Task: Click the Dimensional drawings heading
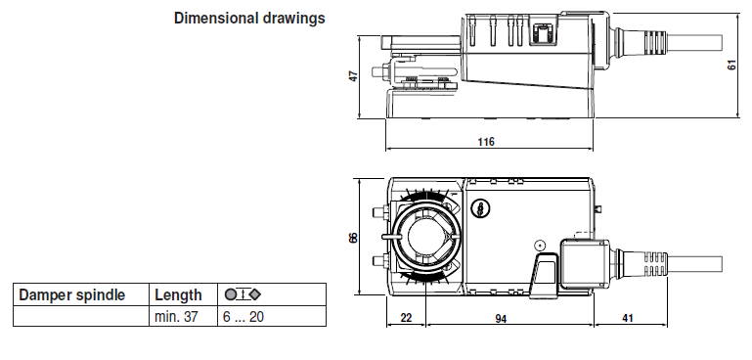click(x=249, y=19)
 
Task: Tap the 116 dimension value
click(x=486, y=142)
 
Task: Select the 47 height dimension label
click(x=353, y=76)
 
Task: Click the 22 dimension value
click(x=406, y=318)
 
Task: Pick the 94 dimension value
click(x=501, y=318)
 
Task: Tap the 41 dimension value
click(x=627, y=318)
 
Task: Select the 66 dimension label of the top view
click(x=353, y=238)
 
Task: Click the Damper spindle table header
click(x=72, y=294)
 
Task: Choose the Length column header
click(x=178, y=295)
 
